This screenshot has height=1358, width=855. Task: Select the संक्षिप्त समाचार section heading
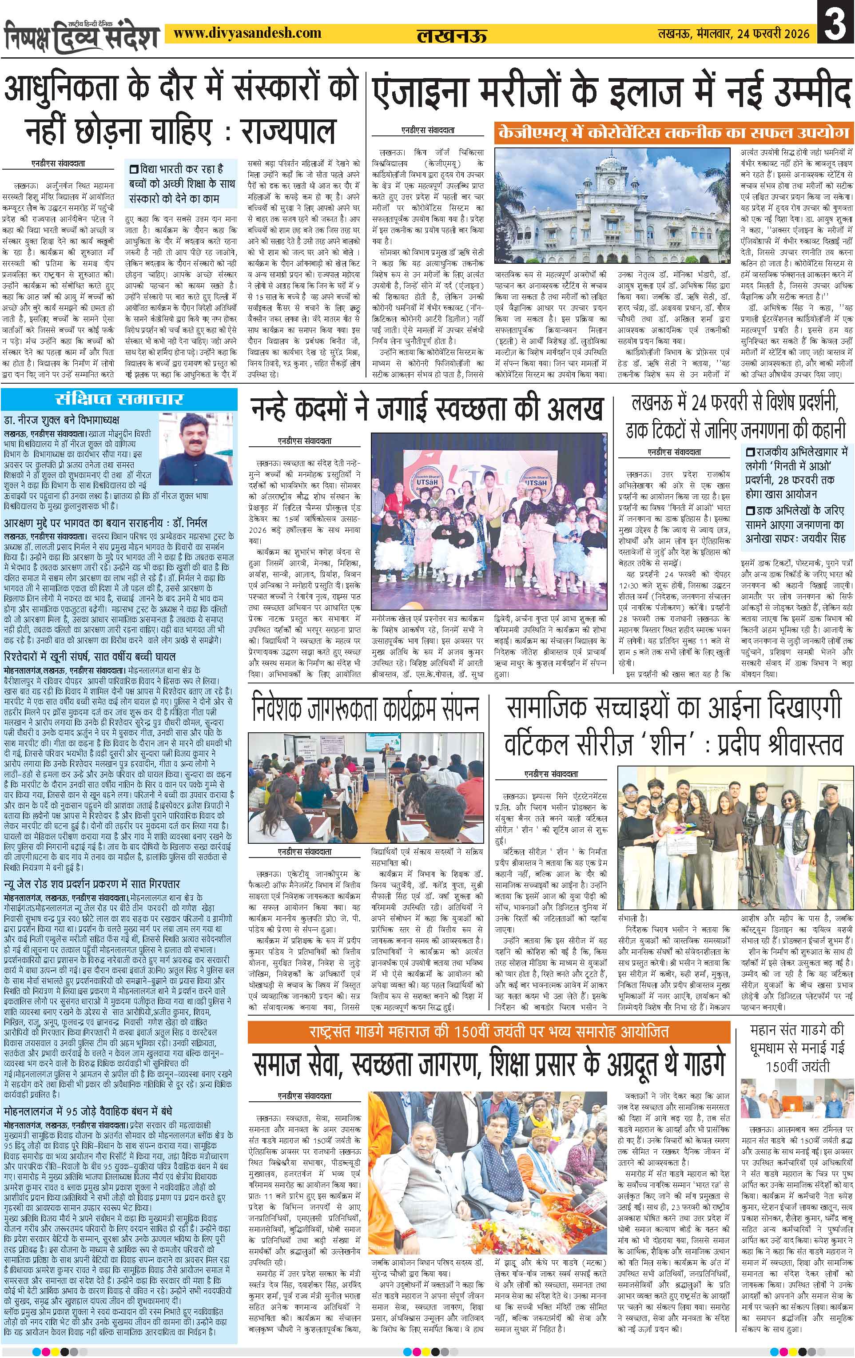119,399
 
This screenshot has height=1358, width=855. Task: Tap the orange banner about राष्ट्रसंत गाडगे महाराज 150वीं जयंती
489,1032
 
